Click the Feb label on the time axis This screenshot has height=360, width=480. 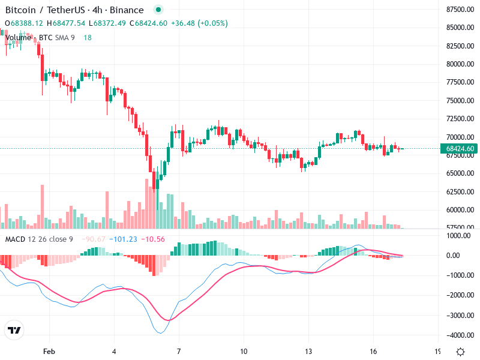49,351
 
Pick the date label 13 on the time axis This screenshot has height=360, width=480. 308,351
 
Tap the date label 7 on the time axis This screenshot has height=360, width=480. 178,351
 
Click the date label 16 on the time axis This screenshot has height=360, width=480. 373,351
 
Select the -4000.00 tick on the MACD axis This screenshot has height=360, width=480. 460,335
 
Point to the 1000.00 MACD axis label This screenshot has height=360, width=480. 460,236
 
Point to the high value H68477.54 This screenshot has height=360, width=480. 67,23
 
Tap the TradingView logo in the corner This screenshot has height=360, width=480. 14,331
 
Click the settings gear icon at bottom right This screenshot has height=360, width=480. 460,352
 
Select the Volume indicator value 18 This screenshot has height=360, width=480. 88,38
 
